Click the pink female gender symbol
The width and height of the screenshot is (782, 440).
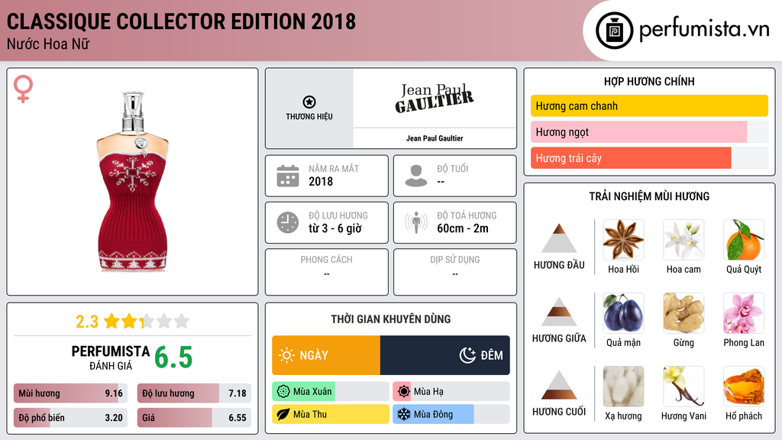(x=24, y=89)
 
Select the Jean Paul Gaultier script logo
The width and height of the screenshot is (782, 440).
(x=434, y=98)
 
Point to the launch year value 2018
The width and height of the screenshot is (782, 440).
(x=321, y=182)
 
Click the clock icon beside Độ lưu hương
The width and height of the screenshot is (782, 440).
(x=288, y=222)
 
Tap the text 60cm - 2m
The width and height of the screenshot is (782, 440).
(x=462, y=228)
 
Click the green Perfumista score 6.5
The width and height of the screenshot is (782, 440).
(x=173, y=357)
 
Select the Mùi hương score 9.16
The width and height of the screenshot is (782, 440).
(x=113, y=393)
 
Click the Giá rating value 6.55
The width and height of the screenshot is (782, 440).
(x=237, y=418)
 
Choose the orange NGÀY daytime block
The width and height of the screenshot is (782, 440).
(x=326, y=355)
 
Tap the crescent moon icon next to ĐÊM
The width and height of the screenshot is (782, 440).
(x=467, y=355)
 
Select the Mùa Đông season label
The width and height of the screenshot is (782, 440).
(x=433, y=415)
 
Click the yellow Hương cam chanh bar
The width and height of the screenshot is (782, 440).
(x=648, y=106)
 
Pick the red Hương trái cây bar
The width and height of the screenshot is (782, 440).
(x=631, y=158)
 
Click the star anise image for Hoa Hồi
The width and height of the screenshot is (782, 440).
(x=623, y=240)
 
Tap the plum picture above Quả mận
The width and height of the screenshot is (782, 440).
(x=623, y=313)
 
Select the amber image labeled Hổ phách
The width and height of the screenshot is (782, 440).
(x=743, y=387)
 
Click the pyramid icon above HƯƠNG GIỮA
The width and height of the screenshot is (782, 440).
(x=559, y=311)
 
